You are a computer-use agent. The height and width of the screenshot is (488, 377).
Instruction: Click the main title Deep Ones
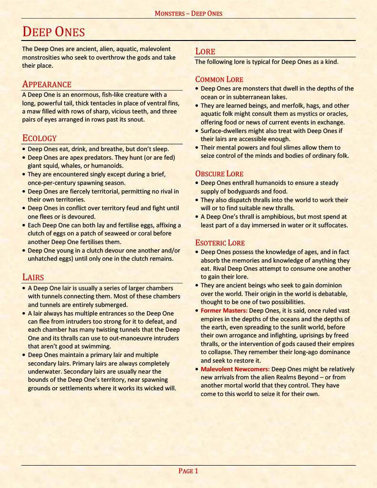click(53, 32)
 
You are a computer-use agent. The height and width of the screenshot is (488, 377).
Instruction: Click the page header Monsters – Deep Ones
click(188, 13)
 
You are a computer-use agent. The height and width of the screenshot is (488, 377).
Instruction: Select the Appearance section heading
click(47, 84)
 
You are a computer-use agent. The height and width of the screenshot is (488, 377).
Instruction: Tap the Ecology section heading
click(40, 138)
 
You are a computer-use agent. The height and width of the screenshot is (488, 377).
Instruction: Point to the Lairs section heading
click(33, 277)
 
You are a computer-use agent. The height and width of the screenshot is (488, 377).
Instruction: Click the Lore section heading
click(205, 51)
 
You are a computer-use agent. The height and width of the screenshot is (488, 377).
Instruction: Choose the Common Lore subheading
click(219, 80)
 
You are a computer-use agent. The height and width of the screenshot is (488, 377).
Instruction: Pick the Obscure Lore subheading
click(219, 174)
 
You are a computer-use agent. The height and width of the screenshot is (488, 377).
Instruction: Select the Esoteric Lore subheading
click(220, 243)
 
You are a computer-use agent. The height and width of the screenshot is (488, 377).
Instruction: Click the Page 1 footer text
click(188, 471)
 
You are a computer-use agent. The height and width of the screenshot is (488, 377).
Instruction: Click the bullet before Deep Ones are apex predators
click(24, 158)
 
